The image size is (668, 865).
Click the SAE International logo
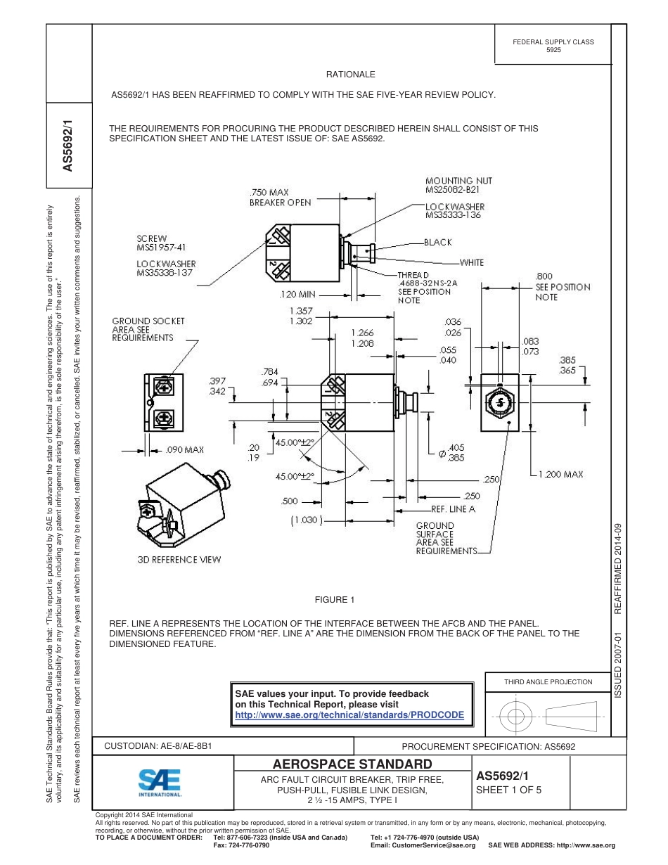coord(160,782)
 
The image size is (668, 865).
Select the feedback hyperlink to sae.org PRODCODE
coord(349,715)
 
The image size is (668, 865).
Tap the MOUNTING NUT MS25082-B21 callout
coord(458,185)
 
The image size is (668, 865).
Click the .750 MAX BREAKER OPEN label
coord(280,197)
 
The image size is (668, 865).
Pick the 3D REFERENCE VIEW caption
coord(179,560)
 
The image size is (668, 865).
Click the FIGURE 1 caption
coord(334,600)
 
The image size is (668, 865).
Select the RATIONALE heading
coord(350,75)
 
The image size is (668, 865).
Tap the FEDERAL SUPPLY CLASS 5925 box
coord(553,46)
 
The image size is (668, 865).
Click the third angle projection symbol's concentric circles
coord(516,717)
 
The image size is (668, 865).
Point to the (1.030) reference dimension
coord(306,521)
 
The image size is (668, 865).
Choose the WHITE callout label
coord(471,262)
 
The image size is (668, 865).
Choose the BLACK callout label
coord(438,242)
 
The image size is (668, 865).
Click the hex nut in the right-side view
coord(500,402)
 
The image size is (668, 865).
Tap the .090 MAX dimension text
coord(184,449)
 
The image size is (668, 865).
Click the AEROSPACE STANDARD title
coord(352,764)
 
